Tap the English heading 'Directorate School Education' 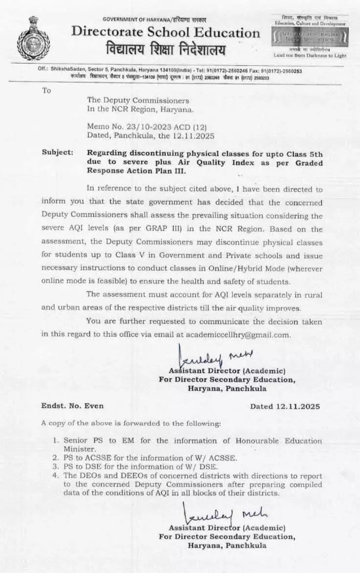[x=166, y=33]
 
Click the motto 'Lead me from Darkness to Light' [x=310, y=55]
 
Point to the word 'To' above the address [x=46, y=90]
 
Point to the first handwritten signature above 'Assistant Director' [x=213, y=355]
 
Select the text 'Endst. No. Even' [x=72, y=406]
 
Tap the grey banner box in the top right [x=310, y=36]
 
